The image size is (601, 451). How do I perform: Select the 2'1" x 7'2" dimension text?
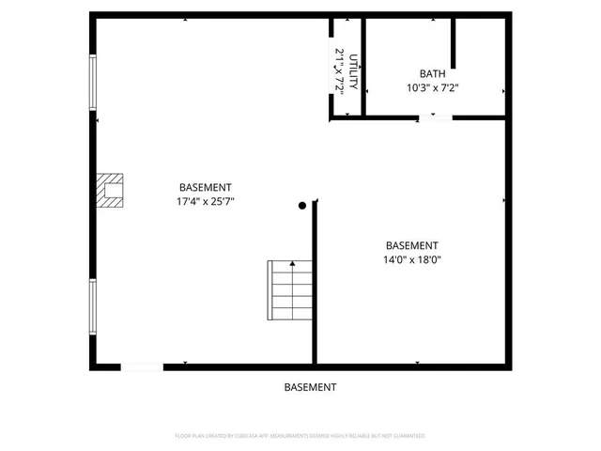coord(339,70)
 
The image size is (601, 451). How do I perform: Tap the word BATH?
coord(433,73)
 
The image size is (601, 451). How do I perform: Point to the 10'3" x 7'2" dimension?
coord(433,88)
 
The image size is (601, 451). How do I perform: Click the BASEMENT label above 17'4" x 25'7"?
coord(205,188)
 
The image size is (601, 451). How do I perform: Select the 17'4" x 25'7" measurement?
coord(205,202)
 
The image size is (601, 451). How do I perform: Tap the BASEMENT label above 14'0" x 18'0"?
coord(411,245)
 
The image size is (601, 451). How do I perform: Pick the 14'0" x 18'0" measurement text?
coord(411,260)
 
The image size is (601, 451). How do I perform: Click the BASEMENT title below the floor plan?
coord(310,387)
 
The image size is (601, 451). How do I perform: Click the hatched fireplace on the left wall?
coord(112,190)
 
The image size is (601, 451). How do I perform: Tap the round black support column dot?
coord(302,205)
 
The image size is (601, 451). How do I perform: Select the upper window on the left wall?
coord(92,84)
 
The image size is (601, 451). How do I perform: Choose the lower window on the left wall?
coord(92,305)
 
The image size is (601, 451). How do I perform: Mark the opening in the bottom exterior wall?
coord(141,366)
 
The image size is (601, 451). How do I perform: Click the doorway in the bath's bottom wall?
coord(435,117)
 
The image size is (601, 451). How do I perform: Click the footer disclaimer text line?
coord(300,436)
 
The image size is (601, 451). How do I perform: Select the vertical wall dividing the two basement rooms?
coord(315,282)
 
